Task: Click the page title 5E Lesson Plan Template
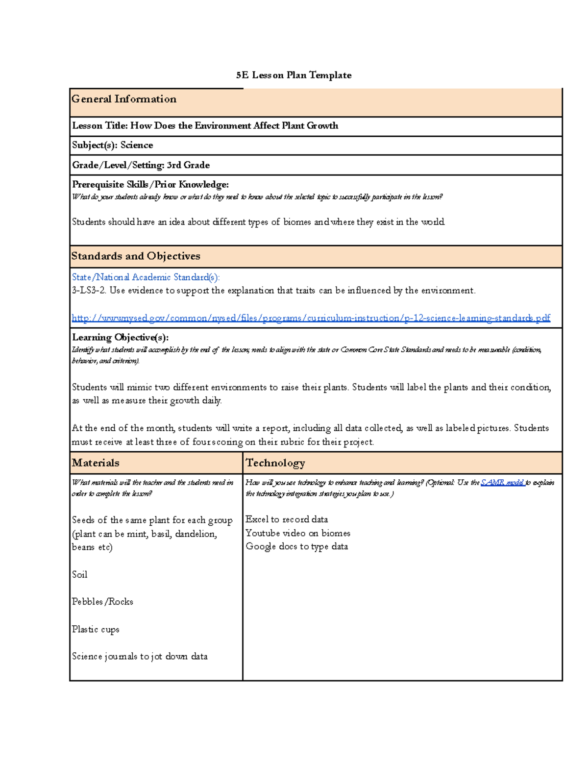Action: tap(294, 75)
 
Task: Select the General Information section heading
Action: tap(124, 99)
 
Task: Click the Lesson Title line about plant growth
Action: tap(205, 125)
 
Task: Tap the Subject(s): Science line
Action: tap(112, 145)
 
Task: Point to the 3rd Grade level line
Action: tap(141, 165)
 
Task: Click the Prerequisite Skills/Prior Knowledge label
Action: tap(150, 184)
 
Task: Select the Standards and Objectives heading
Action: tap(136, 256)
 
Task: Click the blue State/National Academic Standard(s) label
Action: tap(146, 277)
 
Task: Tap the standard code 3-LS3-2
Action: tap(89, 291)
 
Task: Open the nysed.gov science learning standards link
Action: tap(311, 318)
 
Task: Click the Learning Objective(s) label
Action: tap(120, 337)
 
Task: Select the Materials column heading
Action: tap(96, 463)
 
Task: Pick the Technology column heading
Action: tap(275, 463)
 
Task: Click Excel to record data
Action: tap(287, 519)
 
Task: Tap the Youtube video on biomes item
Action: tap(298, 533)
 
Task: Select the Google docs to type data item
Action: tap(296, 546)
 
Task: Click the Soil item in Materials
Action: tap(79, 574)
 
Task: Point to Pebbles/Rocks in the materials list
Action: tap(102, 602)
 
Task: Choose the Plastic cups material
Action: tap(96, 629)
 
